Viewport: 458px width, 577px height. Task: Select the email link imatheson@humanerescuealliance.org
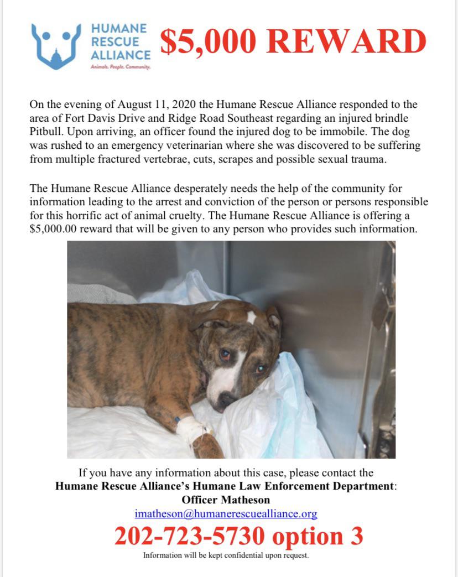coord(226,514)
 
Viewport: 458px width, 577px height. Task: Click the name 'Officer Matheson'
coord(226,500)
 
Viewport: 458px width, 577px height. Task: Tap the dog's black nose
coord(227,400)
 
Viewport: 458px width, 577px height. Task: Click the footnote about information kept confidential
coord(226,555)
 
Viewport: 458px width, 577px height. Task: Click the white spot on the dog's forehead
coord(252,317)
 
